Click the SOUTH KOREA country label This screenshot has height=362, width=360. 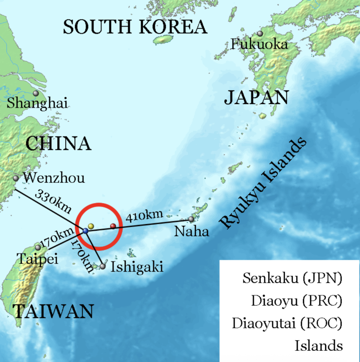click(x=135, y=27)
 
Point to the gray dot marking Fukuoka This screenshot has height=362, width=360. click(x=260, y=34)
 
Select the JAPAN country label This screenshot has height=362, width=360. click(x=256, y=98)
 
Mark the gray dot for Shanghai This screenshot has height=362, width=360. click(x=35, y=93)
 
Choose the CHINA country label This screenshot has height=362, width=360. click(x=58, y=143)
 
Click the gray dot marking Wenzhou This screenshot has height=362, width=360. click(x=16, y=178)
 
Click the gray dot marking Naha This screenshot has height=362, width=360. click(x=191, y=219)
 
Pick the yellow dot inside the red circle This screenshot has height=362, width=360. click(x=91, y=226)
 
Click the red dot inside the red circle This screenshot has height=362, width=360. click(x=113, y=226)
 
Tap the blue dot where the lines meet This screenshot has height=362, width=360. click(x=86, y=230)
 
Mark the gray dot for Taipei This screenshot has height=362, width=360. click(x=38, y=247)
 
